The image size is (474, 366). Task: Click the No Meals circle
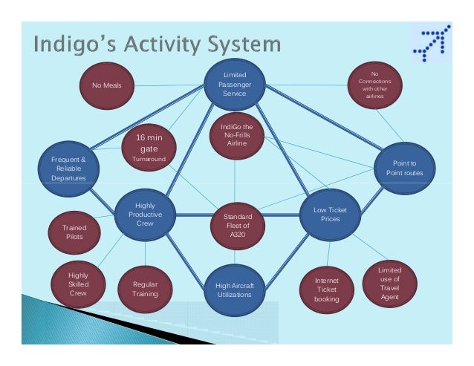(x=106, y=86)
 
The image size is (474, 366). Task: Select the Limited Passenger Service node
(x=235, y=85)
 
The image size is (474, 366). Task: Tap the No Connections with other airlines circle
(x=374, y=85)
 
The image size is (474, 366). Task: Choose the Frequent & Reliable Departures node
(x=68, y=169)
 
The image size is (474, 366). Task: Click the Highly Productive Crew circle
(x=145, y=215)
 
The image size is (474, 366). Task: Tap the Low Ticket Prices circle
(x=330, y=215)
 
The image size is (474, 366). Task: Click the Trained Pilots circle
(x=73, y=232)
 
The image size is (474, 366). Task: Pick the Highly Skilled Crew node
(x=78, y=284)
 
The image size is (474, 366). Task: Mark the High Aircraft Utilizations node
(x=233, y=289)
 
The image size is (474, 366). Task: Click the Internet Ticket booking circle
(x=327, y=290)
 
